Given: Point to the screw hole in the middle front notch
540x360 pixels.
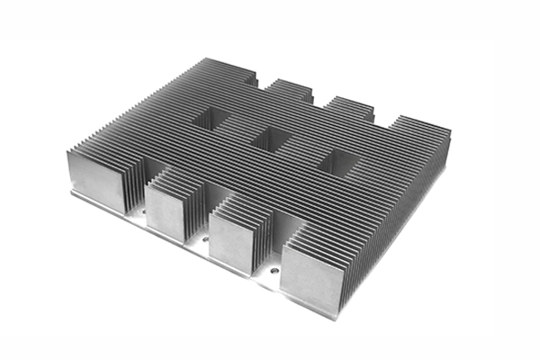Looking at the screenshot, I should pyautogui.click(x=205, y=241).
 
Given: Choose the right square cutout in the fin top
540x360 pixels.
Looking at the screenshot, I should pyautogui.click(x=337, y=162).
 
